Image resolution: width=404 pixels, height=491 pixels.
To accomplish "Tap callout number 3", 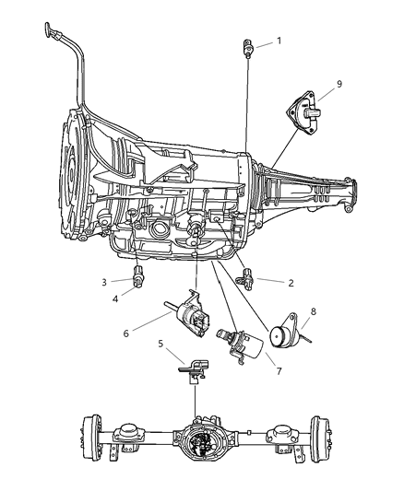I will click(104, 281).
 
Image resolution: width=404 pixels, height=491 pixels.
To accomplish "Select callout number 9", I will click(339, 85).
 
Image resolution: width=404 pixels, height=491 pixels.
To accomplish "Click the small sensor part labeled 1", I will click(249, 47).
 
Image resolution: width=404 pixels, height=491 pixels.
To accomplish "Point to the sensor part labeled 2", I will click(246, 275).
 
